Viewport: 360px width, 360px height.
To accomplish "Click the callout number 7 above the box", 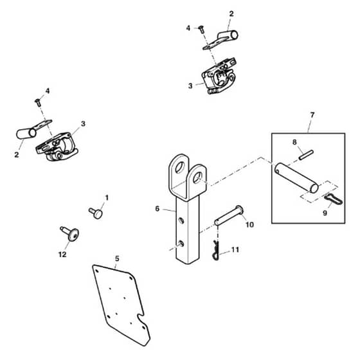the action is pyautogui.click(x=312, y=115).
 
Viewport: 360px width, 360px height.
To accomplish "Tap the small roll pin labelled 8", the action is pyautogui.click(x=307, y=154).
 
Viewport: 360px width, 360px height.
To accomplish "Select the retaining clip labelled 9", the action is pyautogui.click(x=334, y=199).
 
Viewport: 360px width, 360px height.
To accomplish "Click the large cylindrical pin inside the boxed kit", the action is pyautogui.click(x=296, y=177).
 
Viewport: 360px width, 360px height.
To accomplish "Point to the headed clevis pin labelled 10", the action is pyautogui.click(x=229, y=215).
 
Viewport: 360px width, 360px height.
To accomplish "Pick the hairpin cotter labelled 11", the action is pyautogui.click(x=215, y=251).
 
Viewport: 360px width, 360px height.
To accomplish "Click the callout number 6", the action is pyautogui.click(x=157, y=209).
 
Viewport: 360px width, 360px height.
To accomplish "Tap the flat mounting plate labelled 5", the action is pyautogui.click(x=122, y=305).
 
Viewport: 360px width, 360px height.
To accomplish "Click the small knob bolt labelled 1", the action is pyautogui.click(x=96, y=213).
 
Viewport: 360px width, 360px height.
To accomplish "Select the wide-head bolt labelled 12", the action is pyautogui.click(x=70, y=233).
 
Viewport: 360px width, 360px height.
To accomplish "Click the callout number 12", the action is pyautogui.click(x=62, y=255).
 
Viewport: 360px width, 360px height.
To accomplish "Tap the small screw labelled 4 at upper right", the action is pyautogui.click(x=201, y=30).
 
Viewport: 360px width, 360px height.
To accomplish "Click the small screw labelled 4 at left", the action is pyautogui.click(x=38, y=102).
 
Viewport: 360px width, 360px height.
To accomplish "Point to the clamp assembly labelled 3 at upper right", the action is pyautogui.click(x=219, y=76).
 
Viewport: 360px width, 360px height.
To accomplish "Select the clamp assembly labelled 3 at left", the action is pyautogui.click(x=57, y=147).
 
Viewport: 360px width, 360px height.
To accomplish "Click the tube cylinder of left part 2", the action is pyautogui.click(x=26, y=134).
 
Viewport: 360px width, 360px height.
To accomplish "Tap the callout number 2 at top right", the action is pyautogui.click(x=231, y=14).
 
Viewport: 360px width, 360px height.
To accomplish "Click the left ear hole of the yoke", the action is pyautogui.click(x=179, y=167).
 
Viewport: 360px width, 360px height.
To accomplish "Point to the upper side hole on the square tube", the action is pyautogui.click(x=181, y=221).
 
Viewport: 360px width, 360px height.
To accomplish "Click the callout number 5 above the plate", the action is pyautogui.click(x=117, y=258).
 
